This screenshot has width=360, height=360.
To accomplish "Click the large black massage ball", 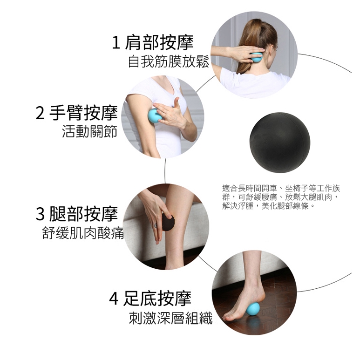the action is [280, 143].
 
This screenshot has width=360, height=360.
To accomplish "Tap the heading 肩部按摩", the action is [159, 42].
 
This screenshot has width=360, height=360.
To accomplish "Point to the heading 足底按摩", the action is [157, 299].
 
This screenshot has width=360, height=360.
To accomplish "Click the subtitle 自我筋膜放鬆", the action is [169, 61].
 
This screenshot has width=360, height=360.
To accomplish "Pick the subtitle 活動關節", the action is [90, 131].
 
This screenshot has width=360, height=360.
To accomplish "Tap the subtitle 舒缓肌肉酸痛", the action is [83, 232].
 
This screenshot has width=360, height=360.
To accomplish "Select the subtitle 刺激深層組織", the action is [170, 318].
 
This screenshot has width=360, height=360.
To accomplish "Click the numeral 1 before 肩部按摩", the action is [116, 43].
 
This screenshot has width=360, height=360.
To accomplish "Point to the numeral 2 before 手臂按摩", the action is [40, 113].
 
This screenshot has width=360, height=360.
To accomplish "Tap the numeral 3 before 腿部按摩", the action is [40, 214].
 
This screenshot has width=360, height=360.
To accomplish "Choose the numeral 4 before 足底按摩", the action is [114, 299].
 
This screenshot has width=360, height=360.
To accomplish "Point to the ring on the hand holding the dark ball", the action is [156, 226].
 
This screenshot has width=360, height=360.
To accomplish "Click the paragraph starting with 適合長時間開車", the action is [281, 197].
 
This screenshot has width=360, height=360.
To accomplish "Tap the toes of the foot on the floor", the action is [227, 316].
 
